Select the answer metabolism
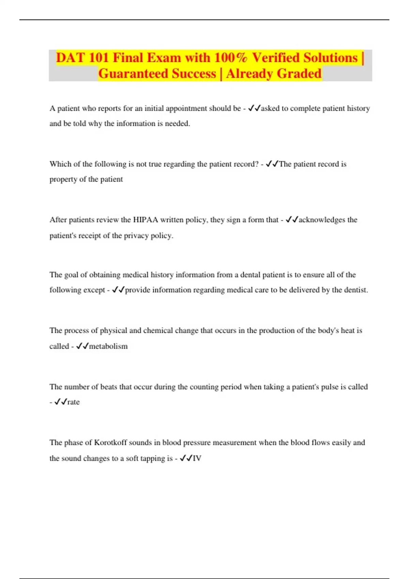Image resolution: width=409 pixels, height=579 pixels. tap(108, 346)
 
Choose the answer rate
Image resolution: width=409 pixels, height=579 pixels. tap(73, 402)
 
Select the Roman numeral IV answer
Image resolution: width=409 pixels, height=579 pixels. tap(197, 458)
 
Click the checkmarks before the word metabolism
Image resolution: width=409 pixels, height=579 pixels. tap(82, 346)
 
